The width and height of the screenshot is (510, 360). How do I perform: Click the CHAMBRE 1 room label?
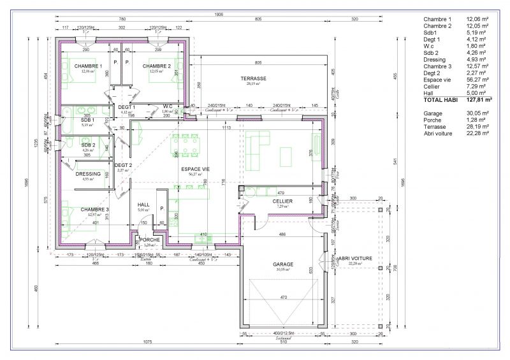(88, 66)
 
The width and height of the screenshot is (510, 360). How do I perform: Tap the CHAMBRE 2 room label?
(156, 66)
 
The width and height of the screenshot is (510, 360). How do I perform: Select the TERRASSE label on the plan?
(253, 78)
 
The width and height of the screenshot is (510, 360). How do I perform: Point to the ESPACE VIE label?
(195, 169)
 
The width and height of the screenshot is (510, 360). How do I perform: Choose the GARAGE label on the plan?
(282, 264)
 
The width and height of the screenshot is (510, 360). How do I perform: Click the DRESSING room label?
(88, 174)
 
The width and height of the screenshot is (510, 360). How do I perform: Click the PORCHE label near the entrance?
(150, 240)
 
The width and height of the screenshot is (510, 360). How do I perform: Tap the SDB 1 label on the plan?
(88, 120)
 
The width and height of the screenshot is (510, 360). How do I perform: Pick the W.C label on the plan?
(168, 106)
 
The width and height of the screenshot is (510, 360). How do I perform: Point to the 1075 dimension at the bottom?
(148, 343)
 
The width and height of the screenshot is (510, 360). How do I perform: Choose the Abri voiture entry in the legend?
(440, 133)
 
